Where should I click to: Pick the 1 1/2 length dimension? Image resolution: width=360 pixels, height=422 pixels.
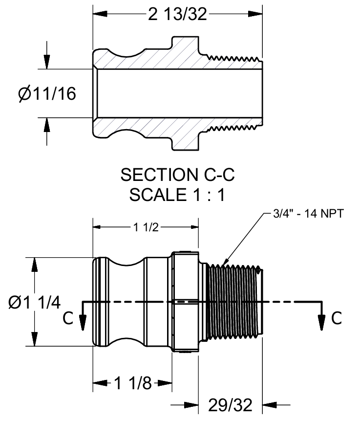[x=145, y=227]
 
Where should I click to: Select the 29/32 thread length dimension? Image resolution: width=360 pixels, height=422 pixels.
[x=230, y=405]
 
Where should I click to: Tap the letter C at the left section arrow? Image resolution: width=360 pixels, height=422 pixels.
[x=69, y=318]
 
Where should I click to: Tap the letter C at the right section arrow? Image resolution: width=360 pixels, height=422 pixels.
[x=337, y=318]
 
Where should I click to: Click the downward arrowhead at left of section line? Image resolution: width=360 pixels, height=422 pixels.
[x=83, y=322]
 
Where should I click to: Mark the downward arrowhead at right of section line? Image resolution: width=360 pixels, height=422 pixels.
[x=322, y=322]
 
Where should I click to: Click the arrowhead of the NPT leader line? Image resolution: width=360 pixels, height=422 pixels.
[x=224, y=262]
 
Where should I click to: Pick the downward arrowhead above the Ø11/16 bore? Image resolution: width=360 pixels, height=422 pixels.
[x=47, y=62]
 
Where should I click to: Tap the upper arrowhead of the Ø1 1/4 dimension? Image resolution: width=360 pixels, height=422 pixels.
[x=35, y=264]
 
